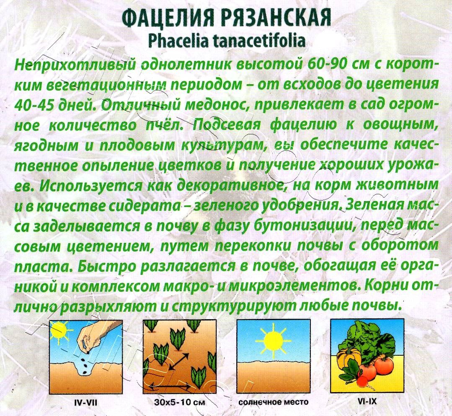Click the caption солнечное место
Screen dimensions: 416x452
pyautogui.click(x=273, y=403)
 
